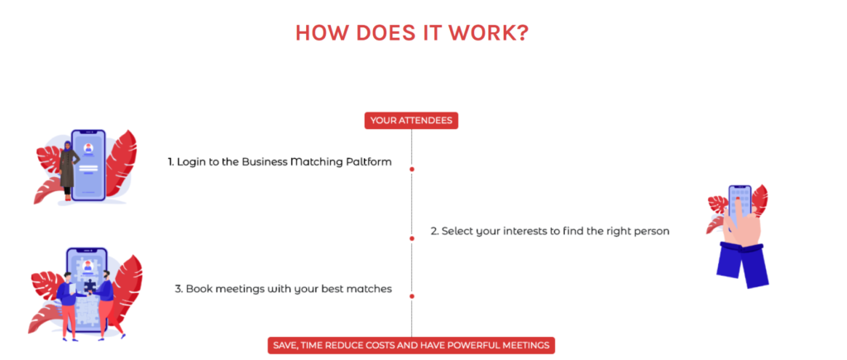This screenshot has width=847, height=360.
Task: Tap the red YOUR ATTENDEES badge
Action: click(x=411, y=121)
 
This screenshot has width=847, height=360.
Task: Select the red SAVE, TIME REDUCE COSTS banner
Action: click(x=411, y=345)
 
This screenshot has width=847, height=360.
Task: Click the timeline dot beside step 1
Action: click(x=412, y=169)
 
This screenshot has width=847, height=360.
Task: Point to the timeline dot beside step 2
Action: click(x=412, y=238)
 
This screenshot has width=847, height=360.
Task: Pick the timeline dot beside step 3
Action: click(x=412, y=296)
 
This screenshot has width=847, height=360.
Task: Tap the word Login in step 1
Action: click(x=189, y=162)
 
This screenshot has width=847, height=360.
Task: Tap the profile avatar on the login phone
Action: click(x=88, y=148)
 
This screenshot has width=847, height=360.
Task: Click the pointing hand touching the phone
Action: click(x=740, y=222)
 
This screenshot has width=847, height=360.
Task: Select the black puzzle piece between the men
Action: click(x=88, y=286)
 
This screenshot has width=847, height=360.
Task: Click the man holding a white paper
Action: click(x=69, y=305)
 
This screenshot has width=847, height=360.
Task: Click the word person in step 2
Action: click(x=653, y=232)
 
